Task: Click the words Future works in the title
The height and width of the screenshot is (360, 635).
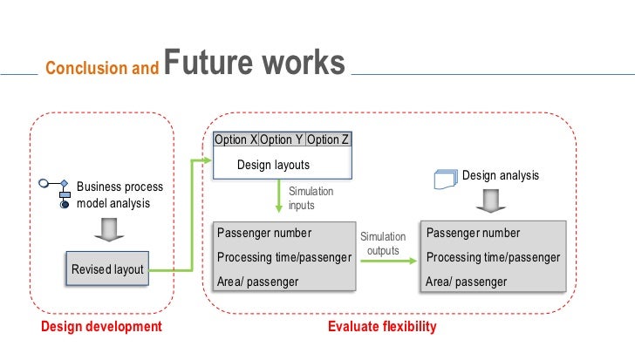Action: pyautogui.click(x=254, y=64)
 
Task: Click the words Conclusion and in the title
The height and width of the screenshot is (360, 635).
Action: pyautogui.click(x=101, y=68)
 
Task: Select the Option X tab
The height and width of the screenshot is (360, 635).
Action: pyautogui.click(x=236, y=140)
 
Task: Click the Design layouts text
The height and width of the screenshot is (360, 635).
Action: pyautogui.click(x=274, y=164)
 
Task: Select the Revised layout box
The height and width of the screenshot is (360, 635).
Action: pyautogui.click(x=107, y=269)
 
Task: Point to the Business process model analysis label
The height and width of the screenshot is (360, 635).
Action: pyautogui.click(x=113, y=195)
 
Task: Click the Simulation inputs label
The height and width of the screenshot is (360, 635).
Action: pyautogui.click(x=311, y=198)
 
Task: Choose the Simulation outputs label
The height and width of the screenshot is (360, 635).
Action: pyautogui.click(x=383, y=243)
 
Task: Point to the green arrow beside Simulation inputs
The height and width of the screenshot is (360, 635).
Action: pyautogui.click(x=279, y=198)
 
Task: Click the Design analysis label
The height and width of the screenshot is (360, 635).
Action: pyautogui.click(x=500, y=176)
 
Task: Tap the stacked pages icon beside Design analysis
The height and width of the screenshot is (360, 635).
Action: pyautogui.click(x=446, y=180)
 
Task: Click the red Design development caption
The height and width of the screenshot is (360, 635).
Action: pyautogui.click(x=101, y=327)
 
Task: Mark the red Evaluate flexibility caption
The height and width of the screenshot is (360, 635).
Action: pyautogui.click(x=381, y=327)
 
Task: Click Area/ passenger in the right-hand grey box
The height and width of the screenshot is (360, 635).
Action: pyautogui.click(x=466, y=282)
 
